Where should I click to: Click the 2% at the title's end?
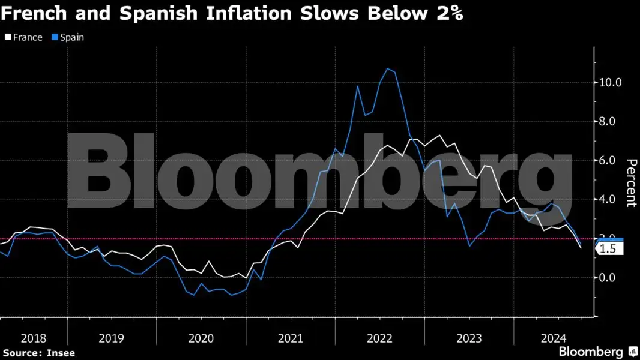pos(447,14)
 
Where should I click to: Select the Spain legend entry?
pos(71,37)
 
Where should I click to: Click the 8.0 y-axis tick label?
pos(609,121)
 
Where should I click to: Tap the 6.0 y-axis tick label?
pos(609,160)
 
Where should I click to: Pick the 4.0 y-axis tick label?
pos(609,199)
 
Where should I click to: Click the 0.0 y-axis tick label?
pos(609,277)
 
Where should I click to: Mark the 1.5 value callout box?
pos(608,249)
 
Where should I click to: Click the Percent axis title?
pos(631,182)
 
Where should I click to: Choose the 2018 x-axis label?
pos(33,338)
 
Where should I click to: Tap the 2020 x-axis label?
pos(201,338)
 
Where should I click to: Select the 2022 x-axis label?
pos(380,338)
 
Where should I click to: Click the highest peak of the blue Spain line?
pos(388,68)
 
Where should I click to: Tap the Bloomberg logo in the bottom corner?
pos(597,352)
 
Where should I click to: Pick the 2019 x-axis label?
pos(112,338)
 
